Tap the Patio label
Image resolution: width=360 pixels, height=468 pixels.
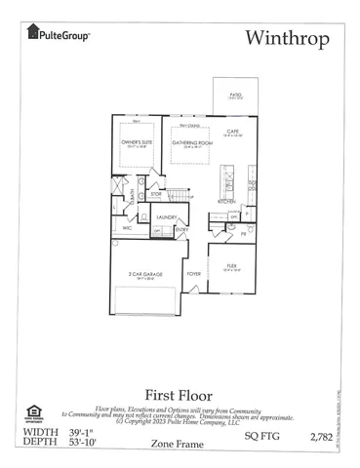pyautogui.click(x=236, y=96)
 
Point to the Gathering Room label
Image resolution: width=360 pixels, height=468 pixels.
pyautogui.click(x=191, y=142)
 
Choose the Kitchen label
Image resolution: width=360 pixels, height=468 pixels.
pyautogui.click(x=227, y=201)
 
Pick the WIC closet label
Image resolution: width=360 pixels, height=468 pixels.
pyautogui.click(x=127, y=228)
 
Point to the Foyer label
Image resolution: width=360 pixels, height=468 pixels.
pyautogui.click(x=194, y=274)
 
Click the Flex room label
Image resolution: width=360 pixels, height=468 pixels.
pyautogui.click(x=233, y=265)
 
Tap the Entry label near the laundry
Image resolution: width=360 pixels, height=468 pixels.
pyautogui.click(x=182, y=230)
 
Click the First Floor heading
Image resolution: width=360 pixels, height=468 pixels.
pyautogui.click(x=180, y=395)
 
